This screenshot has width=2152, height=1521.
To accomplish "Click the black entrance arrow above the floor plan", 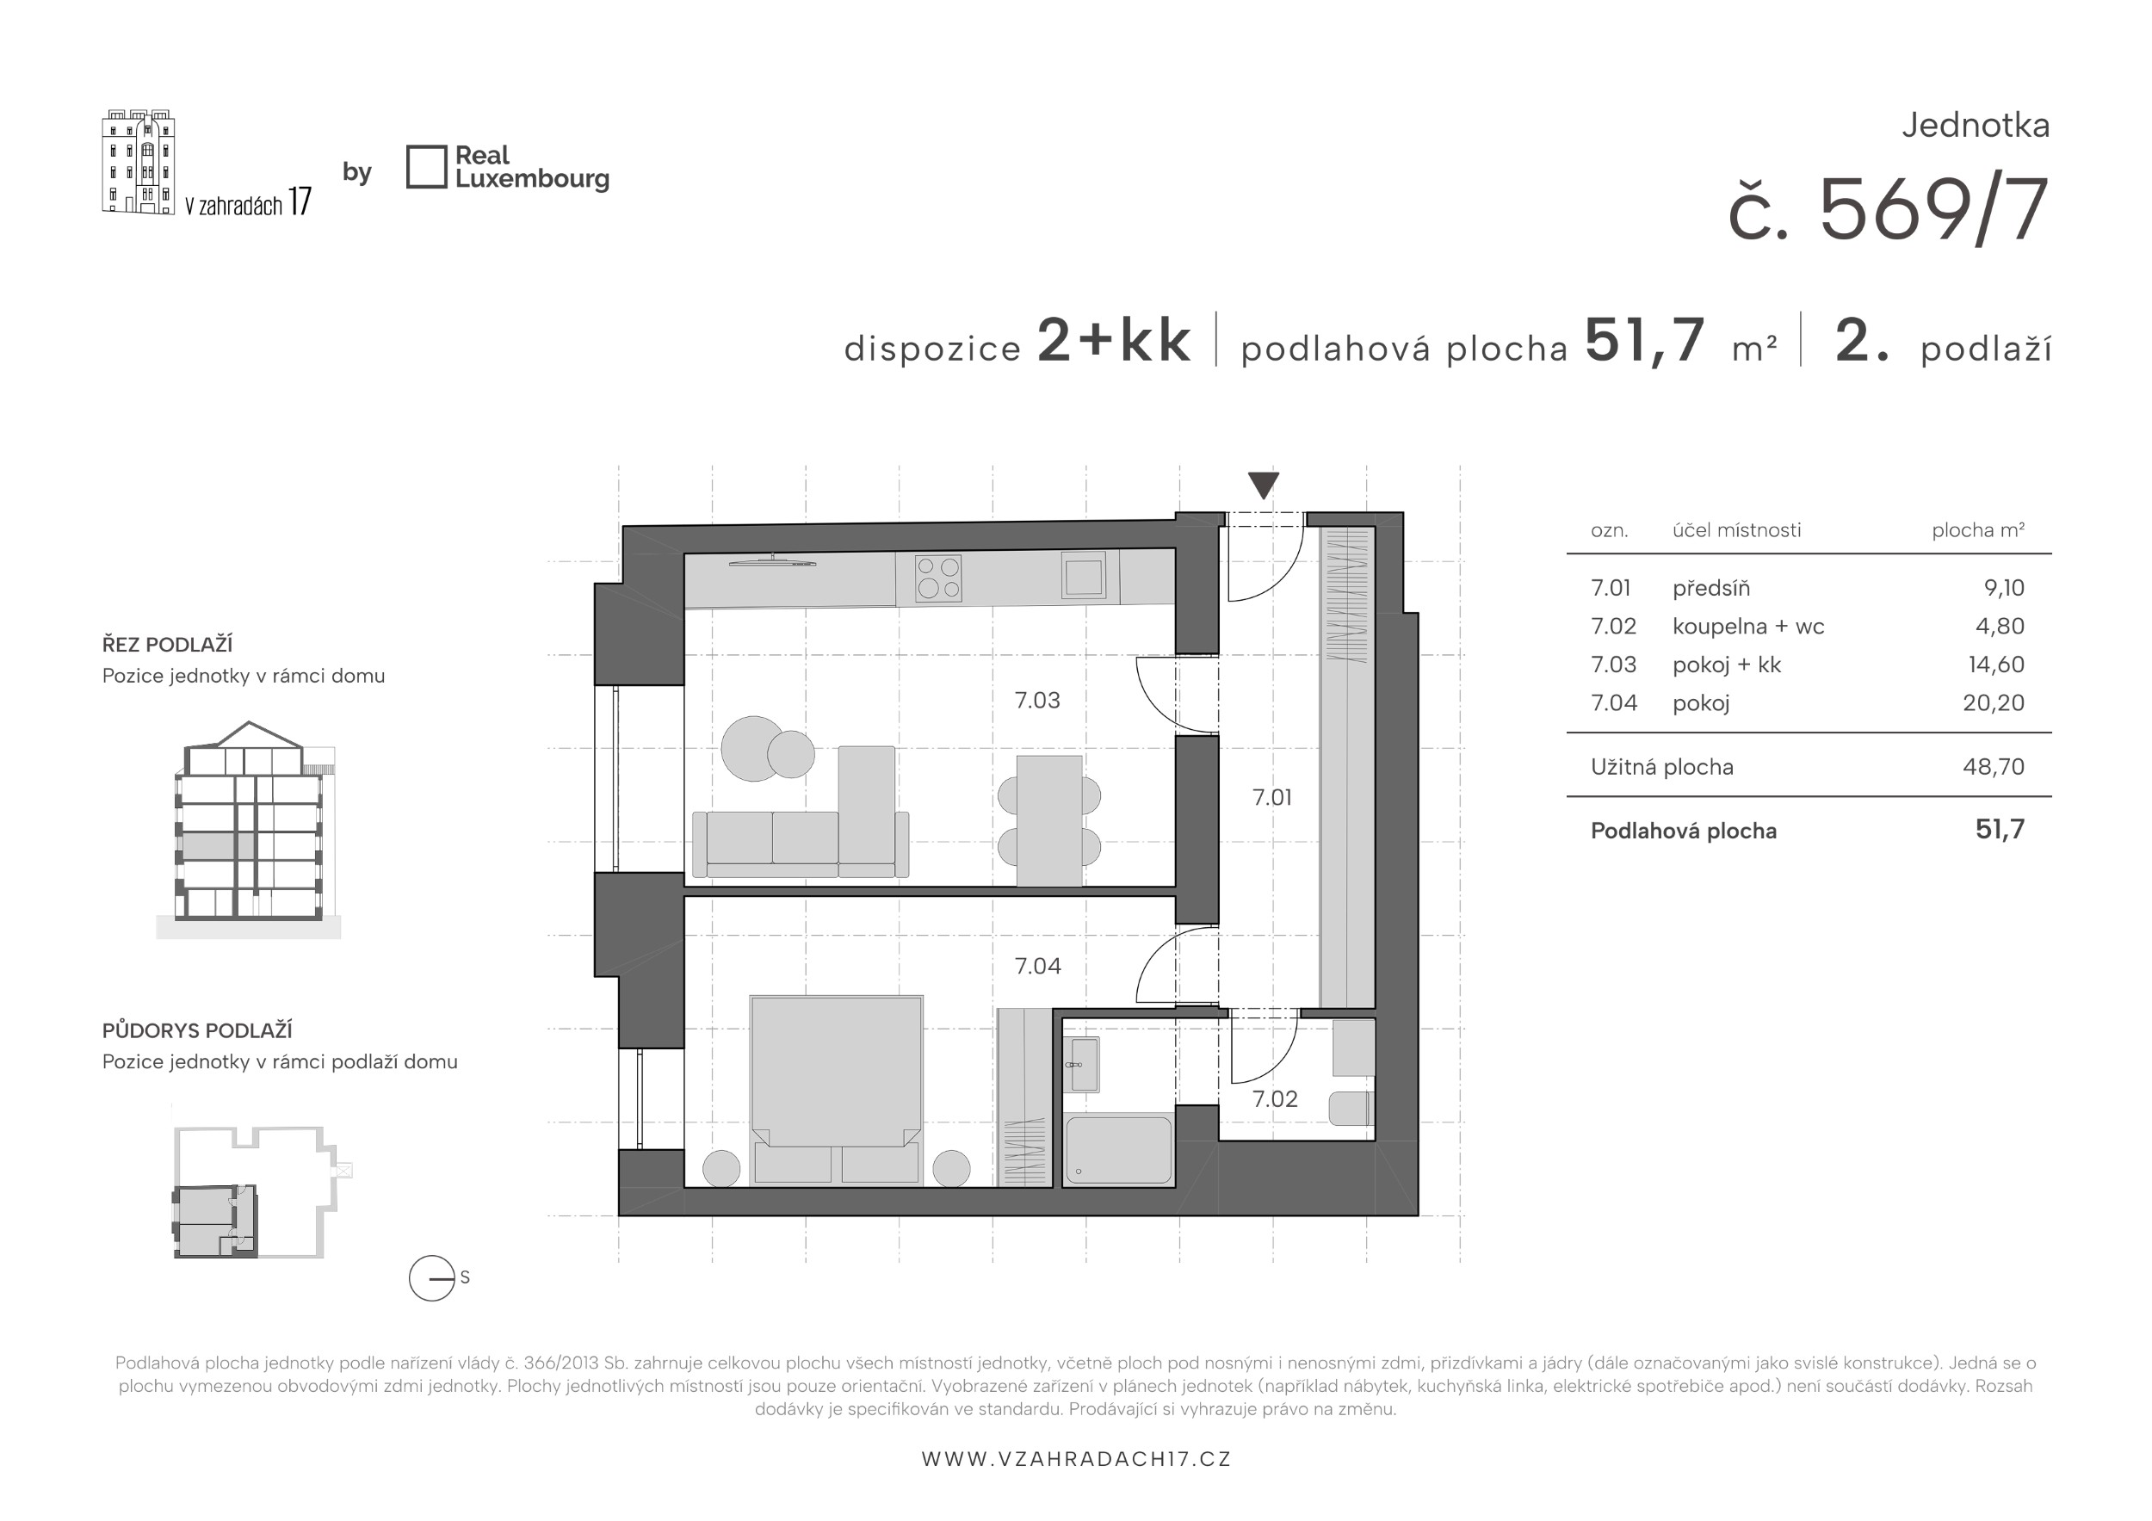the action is (x=1264, y=485).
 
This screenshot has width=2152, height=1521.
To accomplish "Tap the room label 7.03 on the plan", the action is (x=1037, y=700).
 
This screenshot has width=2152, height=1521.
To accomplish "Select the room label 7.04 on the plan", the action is (x=1037, y=966).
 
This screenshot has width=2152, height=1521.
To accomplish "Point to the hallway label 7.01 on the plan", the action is (x=1272, y=798).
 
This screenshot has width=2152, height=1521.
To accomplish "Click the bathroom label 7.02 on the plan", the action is (x=1275, y=1099).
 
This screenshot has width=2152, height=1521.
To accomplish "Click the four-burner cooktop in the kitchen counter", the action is (x=938, y=578).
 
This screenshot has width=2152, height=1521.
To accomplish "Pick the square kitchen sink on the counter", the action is (x=1084, y=574).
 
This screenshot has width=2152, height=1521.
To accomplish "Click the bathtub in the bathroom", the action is (x=1118, y=1149).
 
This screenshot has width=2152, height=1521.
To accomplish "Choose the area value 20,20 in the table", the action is (x=1994, y=703).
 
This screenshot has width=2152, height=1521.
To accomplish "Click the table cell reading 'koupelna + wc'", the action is (x=1748, y=627).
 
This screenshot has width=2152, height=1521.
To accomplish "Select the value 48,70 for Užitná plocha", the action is (x=1994, y=767).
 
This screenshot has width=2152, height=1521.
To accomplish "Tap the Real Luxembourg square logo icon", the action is (x=426, y=167).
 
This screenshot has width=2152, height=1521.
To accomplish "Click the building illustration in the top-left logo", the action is (x=139, y=161).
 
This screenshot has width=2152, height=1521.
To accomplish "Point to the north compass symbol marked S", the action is (x=433, y=1278).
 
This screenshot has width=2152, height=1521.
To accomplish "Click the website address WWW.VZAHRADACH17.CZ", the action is (x=1076, y=1459).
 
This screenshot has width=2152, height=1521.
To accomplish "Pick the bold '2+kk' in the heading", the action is (x=1115, y=340).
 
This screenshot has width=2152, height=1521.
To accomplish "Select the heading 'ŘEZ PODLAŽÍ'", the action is (x=168, y=645).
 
